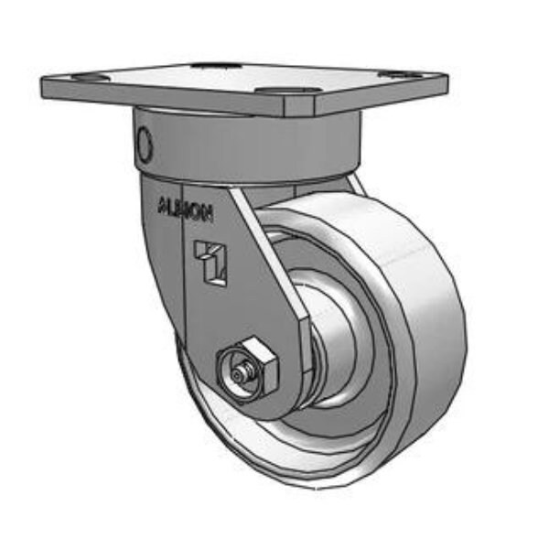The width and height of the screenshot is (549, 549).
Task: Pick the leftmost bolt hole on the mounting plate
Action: pos(81,79)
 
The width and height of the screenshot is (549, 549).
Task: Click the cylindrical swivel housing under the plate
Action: pos(247,146)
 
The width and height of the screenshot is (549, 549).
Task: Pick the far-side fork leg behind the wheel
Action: pos(352,183)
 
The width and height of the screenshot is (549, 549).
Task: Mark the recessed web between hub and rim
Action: pos(366,366)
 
